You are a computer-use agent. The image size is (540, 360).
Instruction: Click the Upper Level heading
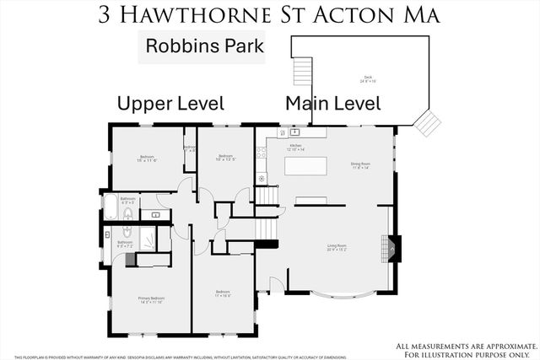pyautogui.click(x=170, y=104)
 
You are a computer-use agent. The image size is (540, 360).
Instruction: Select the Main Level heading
pyautogui.click(x=332, y=104)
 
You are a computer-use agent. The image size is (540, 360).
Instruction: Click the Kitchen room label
pyautogui.click(x=295, y=147)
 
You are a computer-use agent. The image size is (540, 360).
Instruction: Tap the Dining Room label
pyautogui.click(x=361, y=165)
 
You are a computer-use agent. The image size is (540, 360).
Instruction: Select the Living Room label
pyautogui.click(x=337, y=248)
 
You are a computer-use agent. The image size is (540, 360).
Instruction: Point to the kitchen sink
pyautogui.click(x=295, y=132)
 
